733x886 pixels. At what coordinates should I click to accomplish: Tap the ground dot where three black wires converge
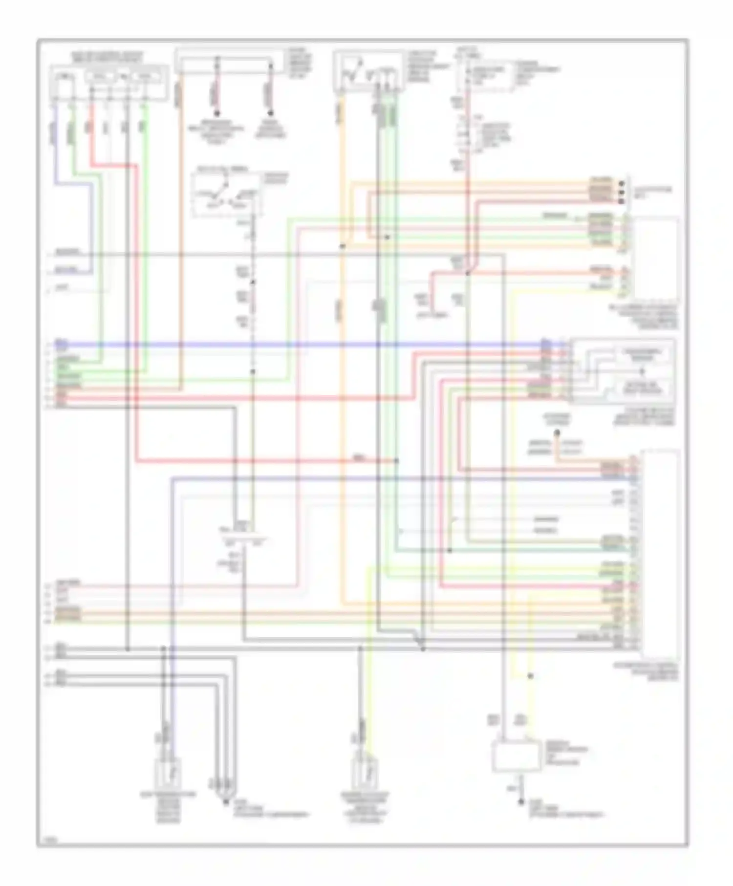[225, 801]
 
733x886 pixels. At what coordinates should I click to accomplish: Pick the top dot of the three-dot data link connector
[622, 184]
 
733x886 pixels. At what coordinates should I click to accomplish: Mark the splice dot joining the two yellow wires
[531, 676]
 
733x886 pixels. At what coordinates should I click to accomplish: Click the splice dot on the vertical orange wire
[342, 246]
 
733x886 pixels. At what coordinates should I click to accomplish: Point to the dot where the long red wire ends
[396, 461]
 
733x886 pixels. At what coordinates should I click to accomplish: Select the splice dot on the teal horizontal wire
[450, 550]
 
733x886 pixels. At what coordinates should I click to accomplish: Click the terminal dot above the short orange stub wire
[557, 432]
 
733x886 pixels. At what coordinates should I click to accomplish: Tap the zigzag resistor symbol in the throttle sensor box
[352, 73]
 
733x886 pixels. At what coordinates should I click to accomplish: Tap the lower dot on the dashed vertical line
[253, 372]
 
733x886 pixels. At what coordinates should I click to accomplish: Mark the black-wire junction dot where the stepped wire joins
[423, 648]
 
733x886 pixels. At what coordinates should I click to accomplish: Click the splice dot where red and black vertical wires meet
[467, 274]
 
